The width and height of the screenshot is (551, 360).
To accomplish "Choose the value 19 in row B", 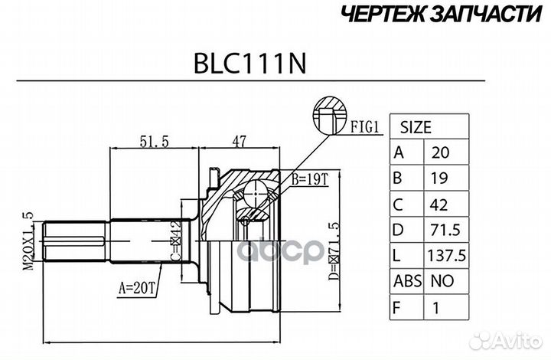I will [x=439, y=178].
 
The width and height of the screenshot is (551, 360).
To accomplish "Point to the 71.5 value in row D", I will [x=445, y=229].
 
